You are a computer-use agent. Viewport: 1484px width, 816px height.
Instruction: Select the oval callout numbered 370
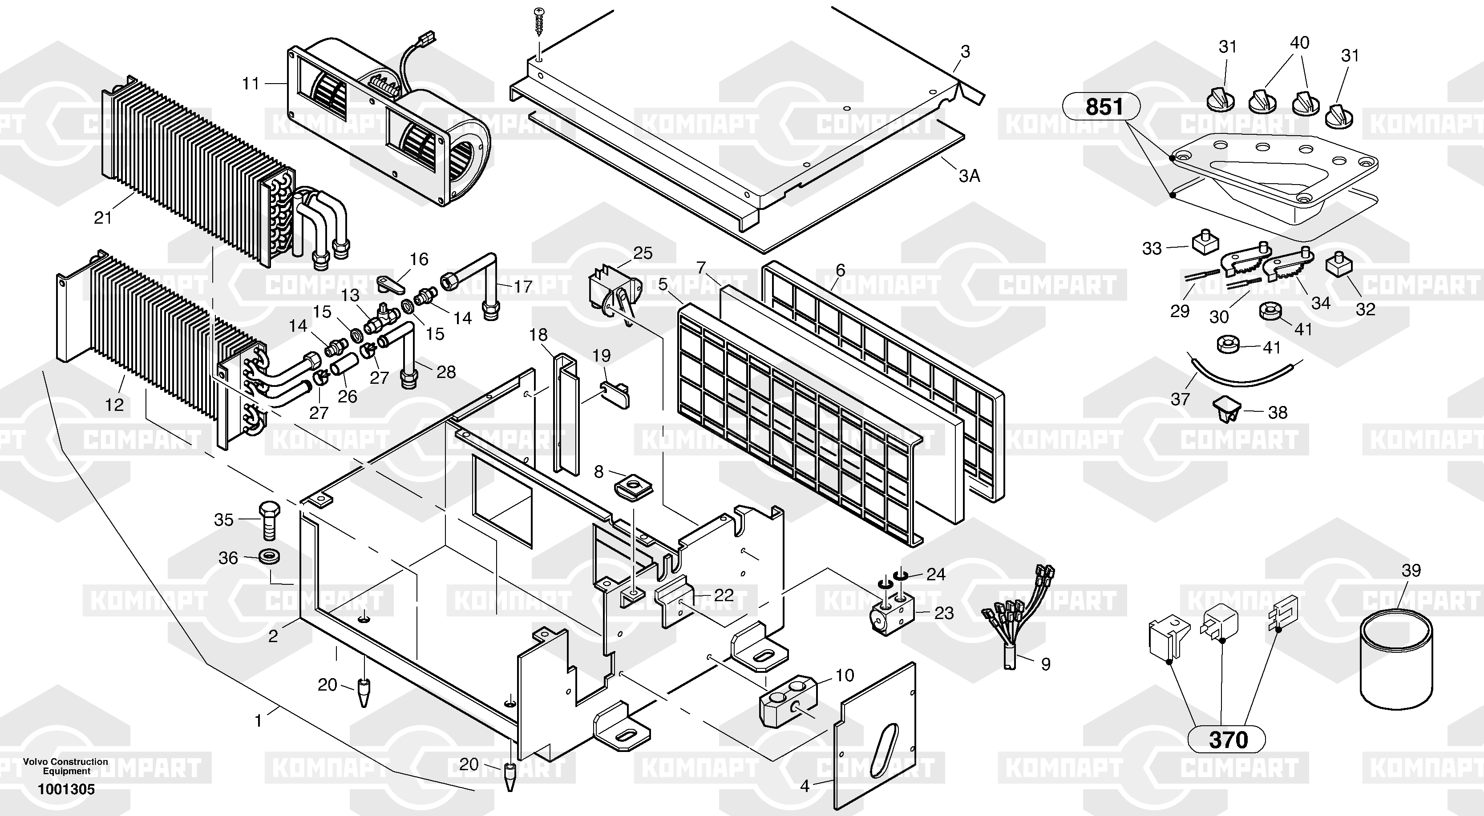[1227, 740]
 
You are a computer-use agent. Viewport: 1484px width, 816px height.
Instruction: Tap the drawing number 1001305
[66, 789]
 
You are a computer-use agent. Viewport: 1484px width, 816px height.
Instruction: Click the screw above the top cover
[539, 23]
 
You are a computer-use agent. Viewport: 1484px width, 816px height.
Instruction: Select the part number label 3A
[969, 176]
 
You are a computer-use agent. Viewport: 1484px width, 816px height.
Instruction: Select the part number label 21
[102, 218]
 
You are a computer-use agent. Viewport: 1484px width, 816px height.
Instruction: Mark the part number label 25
[643, 253]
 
